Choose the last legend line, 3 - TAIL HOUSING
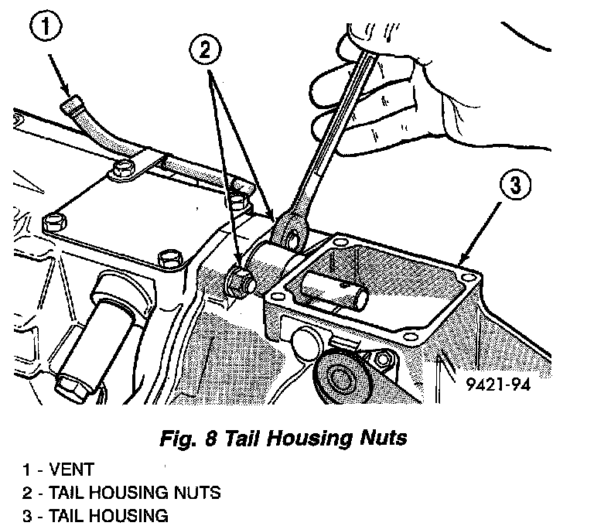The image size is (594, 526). point(95,515)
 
